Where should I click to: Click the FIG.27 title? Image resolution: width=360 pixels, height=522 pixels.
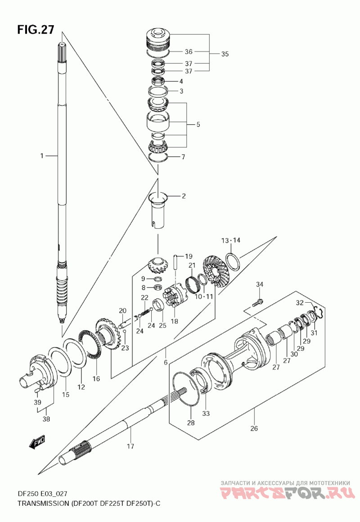(36, 30)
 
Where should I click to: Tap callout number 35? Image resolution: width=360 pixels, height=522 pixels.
(225, 54)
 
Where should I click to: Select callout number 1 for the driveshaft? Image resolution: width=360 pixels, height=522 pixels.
(42, 155)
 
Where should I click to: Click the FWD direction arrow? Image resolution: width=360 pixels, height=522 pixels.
(36, 442)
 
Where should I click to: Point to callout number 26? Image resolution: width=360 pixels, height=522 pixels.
(254, 428)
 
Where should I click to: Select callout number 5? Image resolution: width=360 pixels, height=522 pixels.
(198, 124)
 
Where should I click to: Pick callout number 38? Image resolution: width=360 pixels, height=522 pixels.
(46, 419)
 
